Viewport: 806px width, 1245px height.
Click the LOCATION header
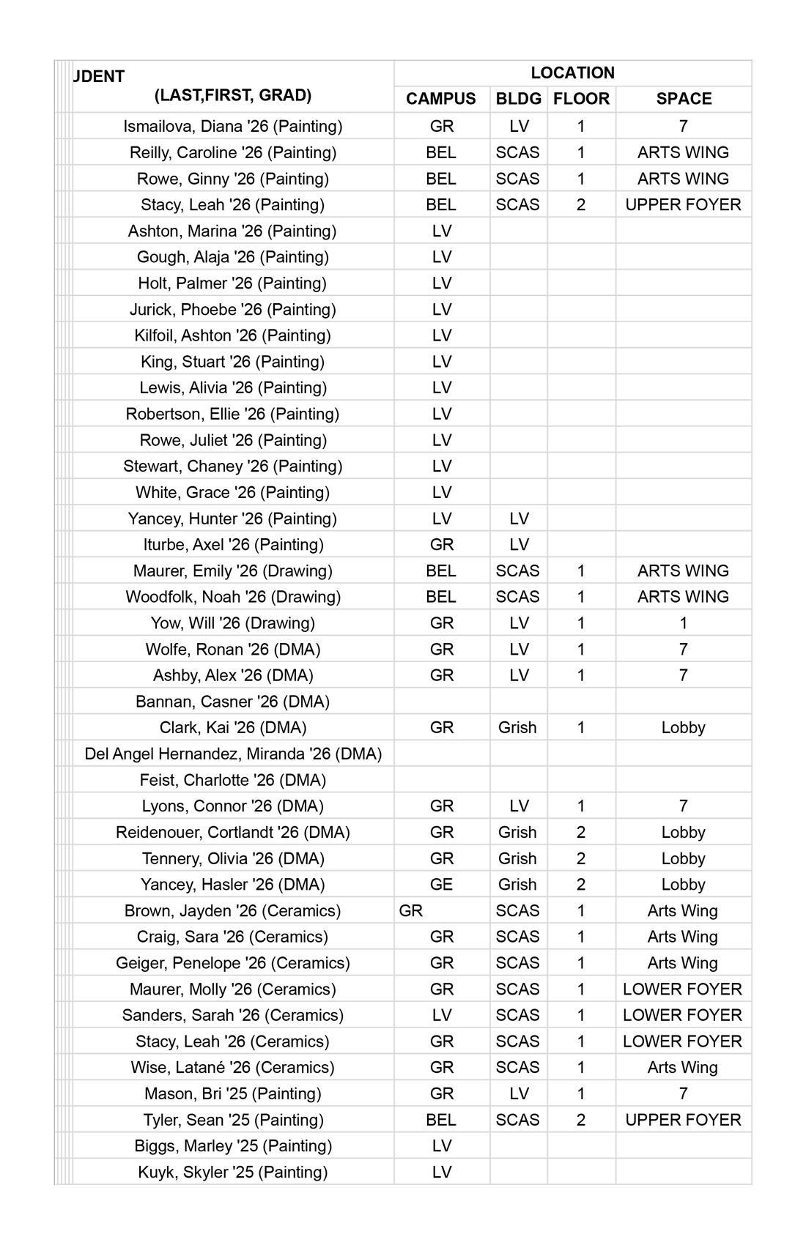[572, 73]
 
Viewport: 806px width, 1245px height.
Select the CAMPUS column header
[441, 99]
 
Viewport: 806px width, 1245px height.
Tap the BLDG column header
[519, 99]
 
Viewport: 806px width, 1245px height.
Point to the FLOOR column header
[581, 99]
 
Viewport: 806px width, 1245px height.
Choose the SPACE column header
[684, 99]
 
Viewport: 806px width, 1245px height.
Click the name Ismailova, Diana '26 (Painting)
[233, 126]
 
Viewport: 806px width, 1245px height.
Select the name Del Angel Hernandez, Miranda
[233, 754]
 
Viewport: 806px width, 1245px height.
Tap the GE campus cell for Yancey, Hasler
[441, 885]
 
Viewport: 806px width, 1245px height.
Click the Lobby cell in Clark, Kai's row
[683, 727]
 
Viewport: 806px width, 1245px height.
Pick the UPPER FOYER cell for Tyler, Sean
[683, 1120]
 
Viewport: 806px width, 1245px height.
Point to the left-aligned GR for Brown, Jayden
[411, 910]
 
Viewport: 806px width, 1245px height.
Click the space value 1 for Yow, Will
[683, 623]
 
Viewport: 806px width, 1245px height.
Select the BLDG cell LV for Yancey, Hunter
[519, 519]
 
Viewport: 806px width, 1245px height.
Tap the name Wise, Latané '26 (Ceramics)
[233, 1067]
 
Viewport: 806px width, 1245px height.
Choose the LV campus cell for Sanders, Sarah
[441, 1015]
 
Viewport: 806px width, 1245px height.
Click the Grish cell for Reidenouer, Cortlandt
[517, 832]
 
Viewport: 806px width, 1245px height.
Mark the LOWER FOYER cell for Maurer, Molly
[682, 989]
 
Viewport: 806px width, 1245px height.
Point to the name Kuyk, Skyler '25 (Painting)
[233, 1172]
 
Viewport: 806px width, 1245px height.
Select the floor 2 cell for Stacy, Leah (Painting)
[581, 204]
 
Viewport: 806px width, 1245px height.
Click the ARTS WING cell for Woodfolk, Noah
[683, 597]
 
